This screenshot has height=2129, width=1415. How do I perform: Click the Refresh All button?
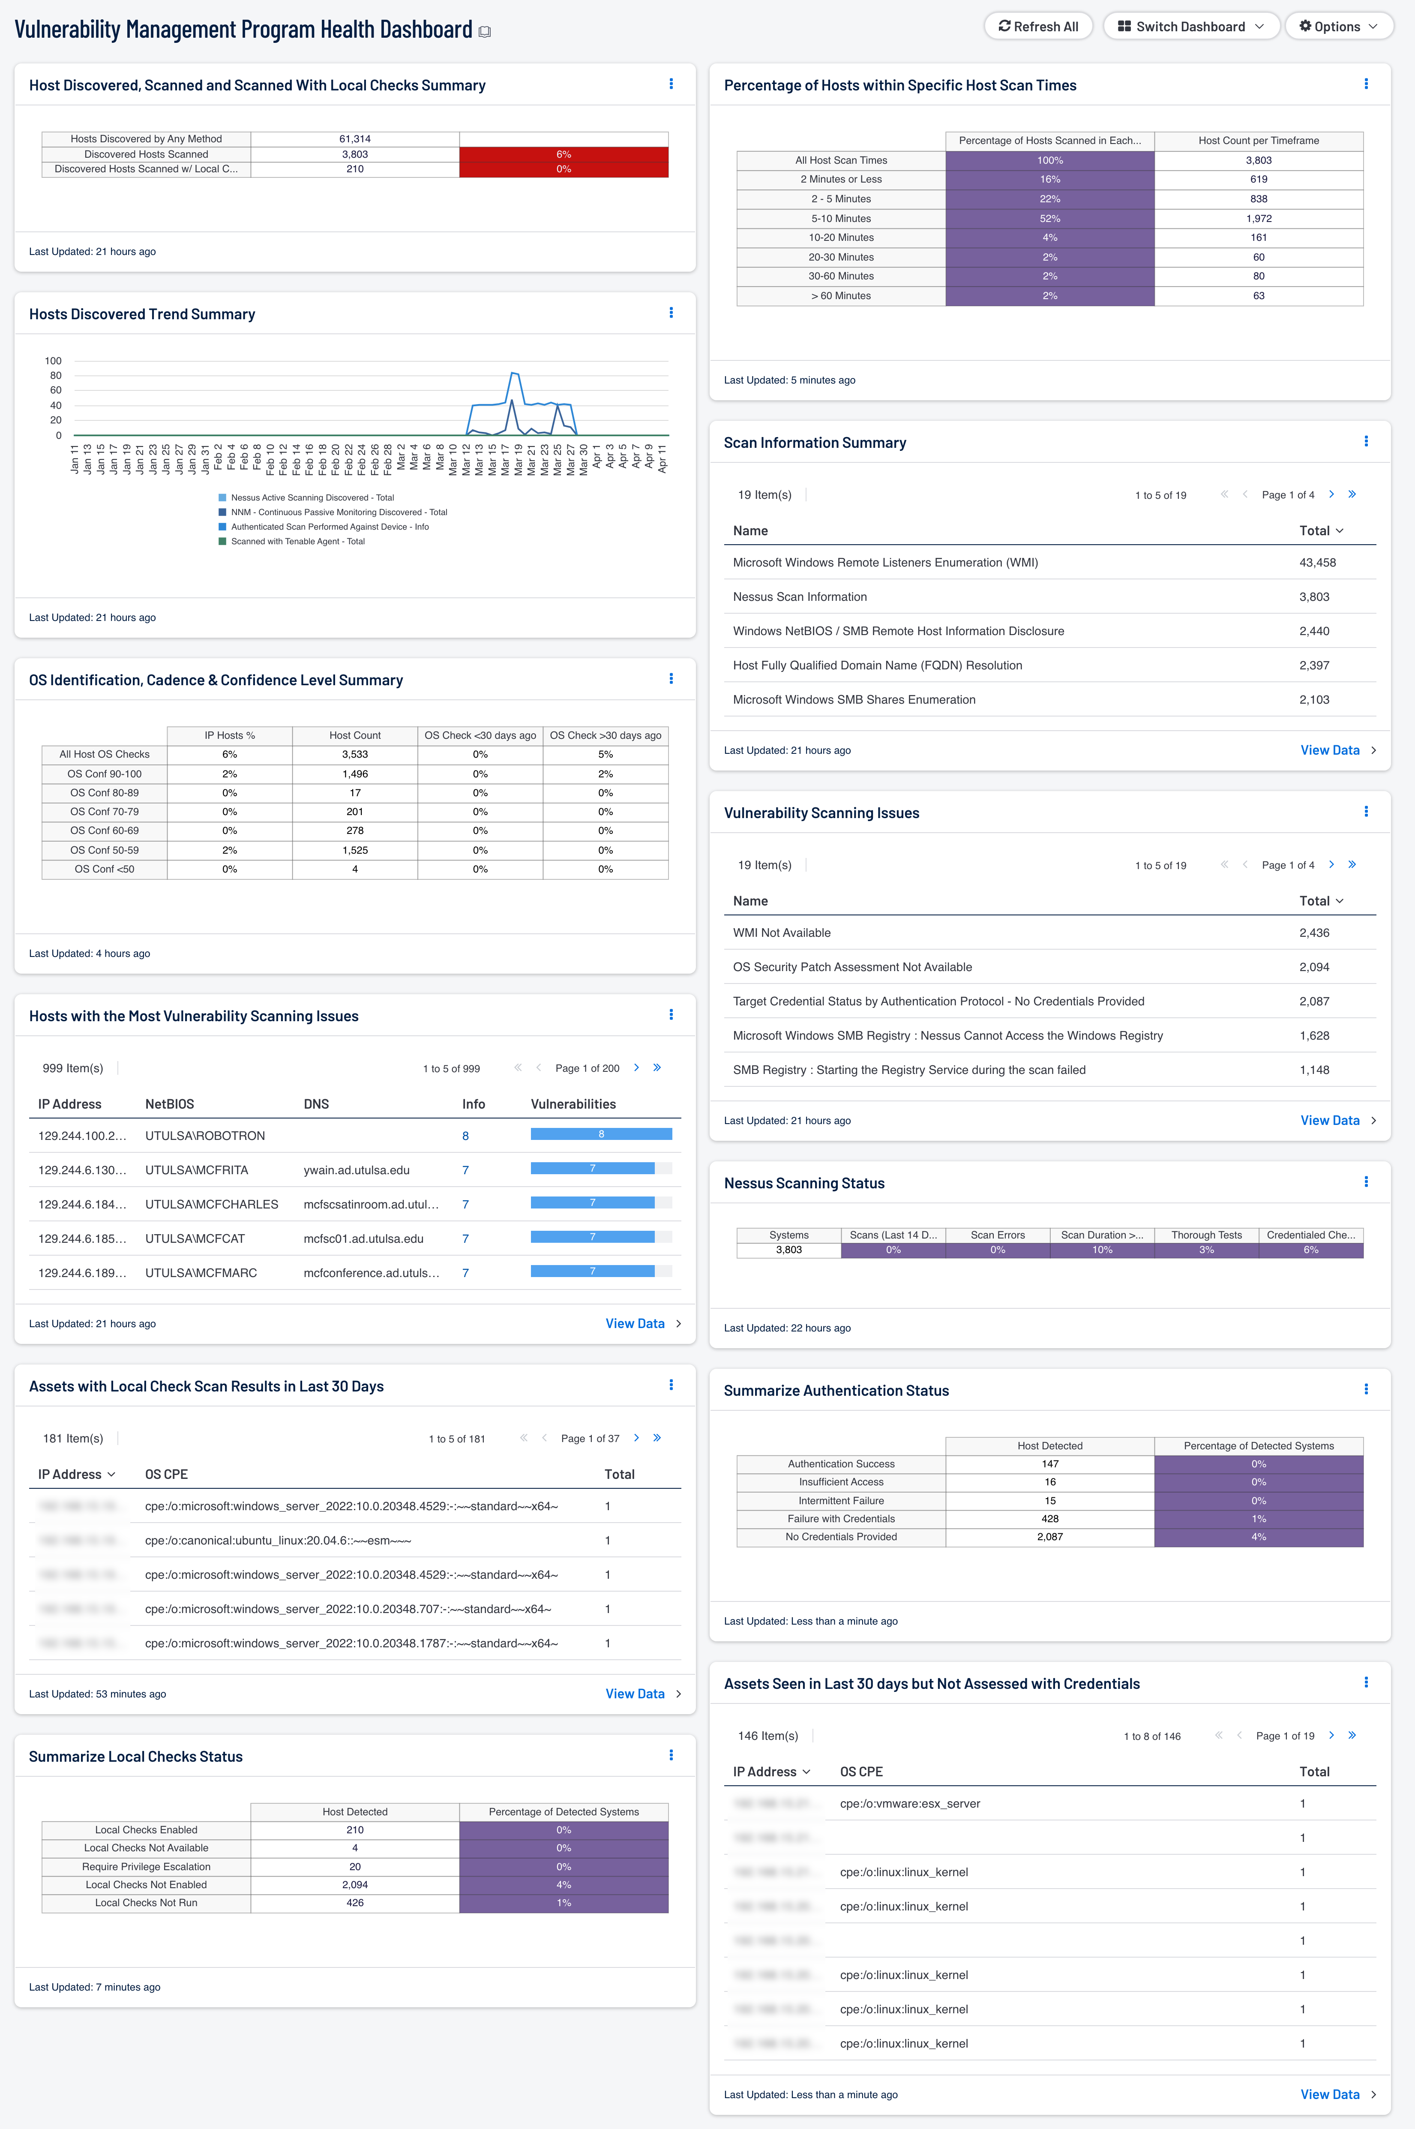pos(1038,26)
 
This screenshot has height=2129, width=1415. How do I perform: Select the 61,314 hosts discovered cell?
pos(355,139)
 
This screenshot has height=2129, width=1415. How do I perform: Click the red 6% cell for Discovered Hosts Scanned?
pos(563,154)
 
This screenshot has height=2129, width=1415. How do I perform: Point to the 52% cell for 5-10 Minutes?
pos(1049,219)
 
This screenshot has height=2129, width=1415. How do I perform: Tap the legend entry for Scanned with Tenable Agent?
pos(297,542)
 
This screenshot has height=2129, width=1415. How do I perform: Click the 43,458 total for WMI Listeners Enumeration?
pos(1316,562)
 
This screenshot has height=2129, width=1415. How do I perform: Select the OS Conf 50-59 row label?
pos(105,850)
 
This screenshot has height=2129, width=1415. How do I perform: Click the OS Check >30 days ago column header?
pos(606,735)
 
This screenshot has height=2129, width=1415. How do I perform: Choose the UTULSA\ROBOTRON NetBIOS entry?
pos(205,1135)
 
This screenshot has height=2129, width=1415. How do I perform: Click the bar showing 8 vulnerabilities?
pos(601,1134)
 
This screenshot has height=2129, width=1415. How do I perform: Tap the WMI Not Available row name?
pos(782,932)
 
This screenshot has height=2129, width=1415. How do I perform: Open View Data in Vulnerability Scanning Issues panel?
pos(1329,1120)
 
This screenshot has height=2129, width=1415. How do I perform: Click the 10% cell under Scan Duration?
pos(1102,1250)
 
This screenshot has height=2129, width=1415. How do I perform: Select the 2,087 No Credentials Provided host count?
pos(1049,1537)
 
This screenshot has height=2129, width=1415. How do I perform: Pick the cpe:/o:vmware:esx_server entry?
pos(910,1803)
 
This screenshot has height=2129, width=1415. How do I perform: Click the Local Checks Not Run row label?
pos(146,1902)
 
